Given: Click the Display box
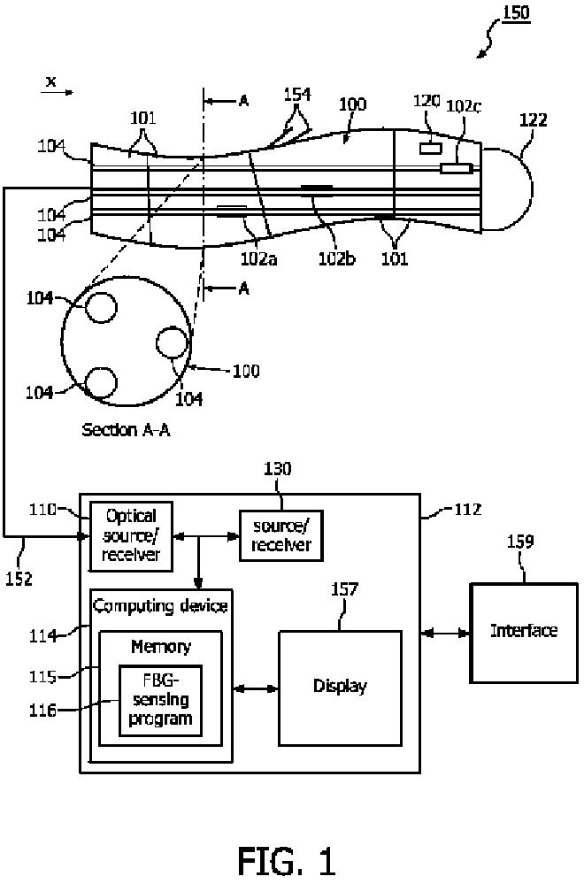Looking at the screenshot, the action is click(x=340, y=688).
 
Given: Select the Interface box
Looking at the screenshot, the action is click(x=524, y=633).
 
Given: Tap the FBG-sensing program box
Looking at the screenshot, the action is click(x=160, y=701).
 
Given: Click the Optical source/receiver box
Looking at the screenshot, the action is click(x=131, y=536).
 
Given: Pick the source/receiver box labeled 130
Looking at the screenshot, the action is click(x=281, y=535).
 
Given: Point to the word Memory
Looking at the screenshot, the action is click(x=161, y=646).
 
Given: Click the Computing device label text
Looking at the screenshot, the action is click(x=161, y=606).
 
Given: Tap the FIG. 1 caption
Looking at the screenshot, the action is click(x=287, y=861).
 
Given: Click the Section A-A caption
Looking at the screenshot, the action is click(x=126, y=429).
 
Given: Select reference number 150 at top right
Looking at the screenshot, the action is click(x=516, y=12).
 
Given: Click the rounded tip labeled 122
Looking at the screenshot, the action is click(x=507, y=188).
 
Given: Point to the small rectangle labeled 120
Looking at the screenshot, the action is click(x=430, y=149).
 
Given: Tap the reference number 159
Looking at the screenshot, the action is click(x=519, y=542).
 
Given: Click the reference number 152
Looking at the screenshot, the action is click(x=19, y=579).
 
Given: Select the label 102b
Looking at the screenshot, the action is click(x=336, y=258).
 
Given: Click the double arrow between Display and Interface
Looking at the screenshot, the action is click(x=445, y=634).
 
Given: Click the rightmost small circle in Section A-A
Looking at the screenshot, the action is click(x=172, y=343).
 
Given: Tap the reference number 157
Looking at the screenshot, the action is click(x=344, y=589).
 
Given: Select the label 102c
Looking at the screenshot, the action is click(x=464, y=106).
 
